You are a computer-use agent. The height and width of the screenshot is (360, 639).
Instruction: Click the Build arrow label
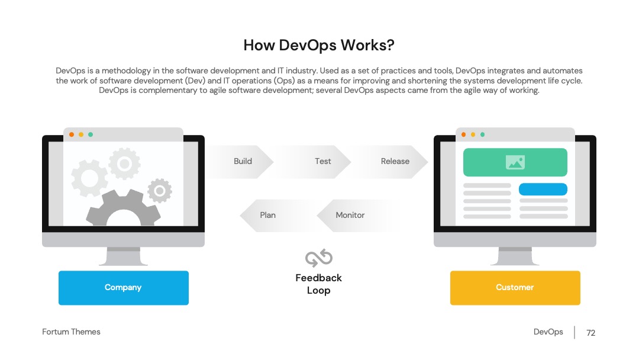(x=243, y=162)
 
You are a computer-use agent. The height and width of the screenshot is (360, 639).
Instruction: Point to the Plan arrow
(x=277, y=216)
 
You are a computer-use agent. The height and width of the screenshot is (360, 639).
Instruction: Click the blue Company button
(x=124, y=288)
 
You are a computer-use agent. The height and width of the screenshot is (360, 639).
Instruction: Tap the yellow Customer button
(x=515, y=288)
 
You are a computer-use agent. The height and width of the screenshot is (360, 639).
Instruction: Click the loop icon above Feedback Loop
(x=319, y=258)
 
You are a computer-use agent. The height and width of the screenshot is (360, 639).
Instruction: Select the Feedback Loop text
(x=319, y=284)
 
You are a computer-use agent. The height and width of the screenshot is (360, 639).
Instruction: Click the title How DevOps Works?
(x=319, y=45)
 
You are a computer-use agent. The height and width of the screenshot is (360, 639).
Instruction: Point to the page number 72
(x=591, y=333)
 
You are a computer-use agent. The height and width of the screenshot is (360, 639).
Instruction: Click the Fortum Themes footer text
(x=72, y=332)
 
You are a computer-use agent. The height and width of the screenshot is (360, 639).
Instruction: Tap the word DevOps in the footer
(x=548, y=332)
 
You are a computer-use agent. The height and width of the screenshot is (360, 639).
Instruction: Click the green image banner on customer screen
(x=515, y=162)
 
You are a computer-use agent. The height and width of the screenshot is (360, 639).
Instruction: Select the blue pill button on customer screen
(x=543, y=189)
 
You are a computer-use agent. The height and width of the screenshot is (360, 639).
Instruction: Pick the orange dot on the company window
(x=72, y=134)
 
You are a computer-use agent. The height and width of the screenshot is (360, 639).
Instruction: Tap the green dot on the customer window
(x=483, y=134)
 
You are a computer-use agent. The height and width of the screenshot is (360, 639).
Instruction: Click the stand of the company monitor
(x=124, y=256)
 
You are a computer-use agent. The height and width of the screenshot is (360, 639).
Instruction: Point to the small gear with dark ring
(x=160, y=191)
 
